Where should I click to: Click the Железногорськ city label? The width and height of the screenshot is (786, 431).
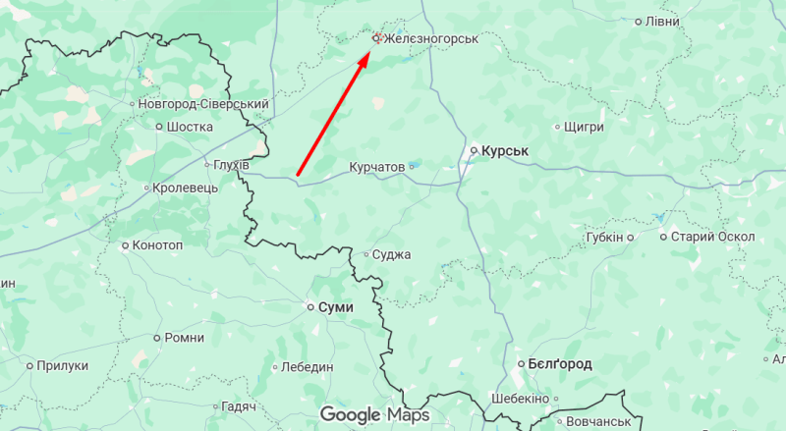click(x=430, y=38)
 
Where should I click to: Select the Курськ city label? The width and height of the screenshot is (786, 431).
click(x=506, y=151)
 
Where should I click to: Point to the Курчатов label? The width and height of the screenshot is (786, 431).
click(x=377, y=167)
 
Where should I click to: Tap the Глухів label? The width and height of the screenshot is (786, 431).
click(x=232, y=164)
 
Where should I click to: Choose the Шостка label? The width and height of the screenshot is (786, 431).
click(x=191, y=127)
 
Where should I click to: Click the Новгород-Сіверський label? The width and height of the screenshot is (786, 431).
click(x=203, y=103)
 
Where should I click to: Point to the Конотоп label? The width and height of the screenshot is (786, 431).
click(x=157, y=244)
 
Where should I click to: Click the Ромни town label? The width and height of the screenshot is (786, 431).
click(x=185, y=337)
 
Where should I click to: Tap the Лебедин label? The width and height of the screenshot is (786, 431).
click(x=308, y=366)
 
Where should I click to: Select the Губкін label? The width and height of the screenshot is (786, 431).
click(x=604, y=237)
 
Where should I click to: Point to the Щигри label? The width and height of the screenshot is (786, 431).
click(x=586, y=127)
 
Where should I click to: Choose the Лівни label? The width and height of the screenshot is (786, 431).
click(x=663, y=21)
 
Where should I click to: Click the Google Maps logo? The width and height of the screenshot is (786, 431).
click(x=374, y=415)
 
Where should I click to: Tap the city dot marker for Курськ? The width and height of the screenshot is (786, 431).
click(x=473, y=151)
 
